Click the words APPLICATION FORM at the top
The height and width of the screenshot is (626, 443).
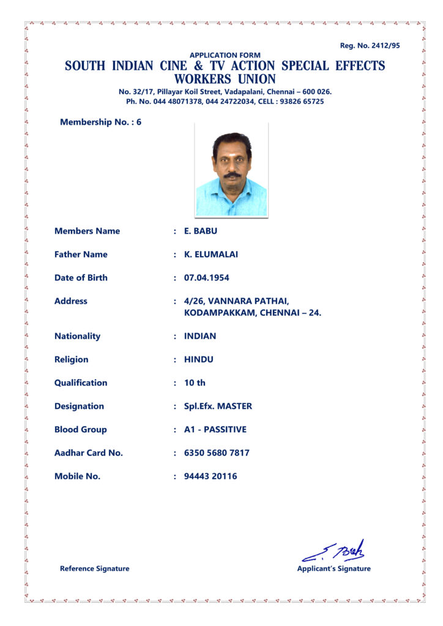[x=225, y=55]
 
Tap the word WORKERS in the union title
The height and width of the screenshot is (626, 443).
[x=202, y=79]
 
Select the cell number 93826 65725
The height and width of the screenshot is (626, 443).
[x=302, y=101]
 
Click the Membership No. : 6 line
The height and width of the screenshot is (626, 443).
[x=100, y=122]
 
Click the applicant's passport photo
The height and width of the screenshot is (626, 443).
[x=231, y=169]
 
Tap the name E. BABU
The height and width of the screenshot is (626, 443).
[x=201, y=231]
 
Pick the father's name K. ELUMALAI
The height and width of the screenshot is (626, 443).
[x=211, y=254]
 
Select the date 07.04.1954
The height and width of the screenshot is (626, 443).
[x=207, y=278]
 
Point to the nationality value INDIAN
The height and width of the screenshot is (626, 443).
[x=200, y=336]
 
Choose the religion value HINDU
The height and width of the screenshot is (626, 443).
[x=199, y=359]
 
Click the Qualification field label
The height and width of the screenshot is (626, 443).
[x=81, y=383]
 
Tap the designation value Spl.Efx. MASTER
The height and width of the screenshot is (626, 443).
[x=218, y=406]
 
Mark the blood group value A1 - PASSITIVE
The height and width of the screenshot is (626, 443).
[x=215, y=430]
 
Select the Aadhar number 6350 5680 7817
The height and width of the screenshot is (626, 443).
[x=217, y=453]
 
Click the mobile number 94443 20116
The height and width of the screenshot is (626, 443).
[x=210, y=476]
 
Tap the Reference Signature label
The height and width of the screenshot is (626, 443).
[x=95, y=569]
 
